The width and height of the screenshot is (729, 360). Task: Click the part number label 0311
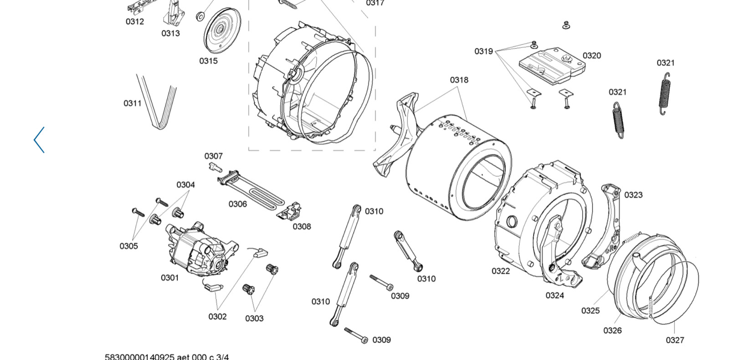133,103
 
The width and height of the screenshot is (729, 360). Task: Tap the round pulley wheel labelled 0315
222,31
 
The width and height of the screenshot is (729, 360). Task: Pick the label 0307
214,156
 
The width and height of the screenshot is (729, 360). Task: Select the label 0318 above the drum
459,80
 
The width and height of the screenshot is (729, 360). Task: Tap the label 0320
592,56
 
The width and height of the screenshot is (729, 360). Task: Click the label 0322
501,271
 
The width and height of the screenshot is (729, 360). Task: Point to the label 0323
633,195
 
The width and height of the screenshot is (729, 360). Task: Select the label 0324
555,296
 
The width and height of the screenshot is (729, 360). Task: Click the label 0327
675,340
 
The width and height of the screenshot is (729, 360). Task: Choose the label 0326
612,331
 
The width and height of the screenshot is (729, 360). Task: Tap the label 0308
302,226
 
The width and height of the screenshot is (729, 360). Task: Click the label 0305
128,246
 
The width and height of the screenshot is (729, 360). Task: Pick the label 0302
217,317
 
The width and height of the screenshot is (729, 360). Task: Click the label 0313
170,34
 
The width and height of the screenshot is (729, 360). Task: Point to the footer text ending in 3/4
167,357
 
